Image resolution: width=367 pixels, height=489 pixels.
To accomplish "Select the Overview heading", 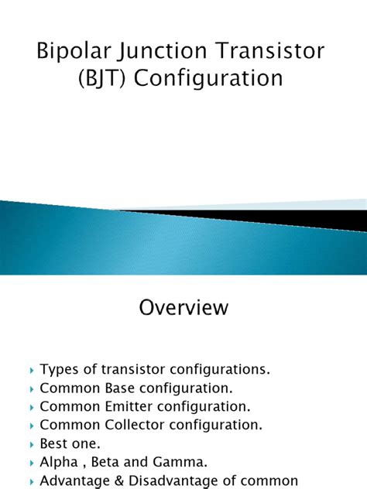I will (x=183, y=307).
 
